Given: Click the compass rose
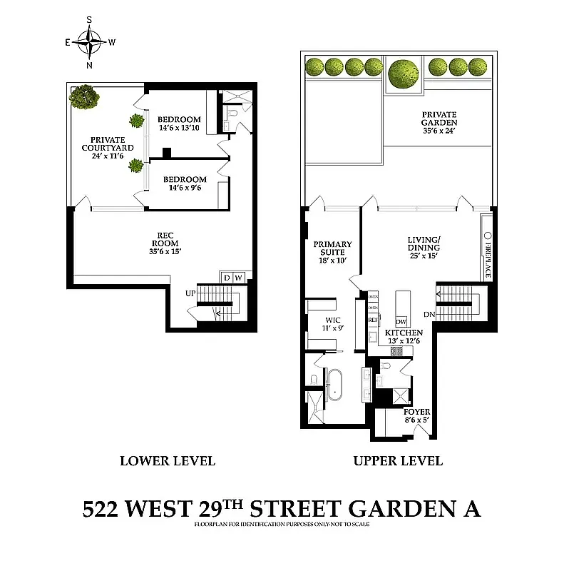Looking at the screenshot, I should click(90, 42).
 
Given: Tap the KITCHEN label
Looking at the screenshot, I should click(404, 337).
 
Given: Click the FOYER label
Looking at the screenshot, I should click(417, 416).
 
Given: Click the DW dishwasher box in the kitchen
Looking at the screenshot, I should click(401, 321).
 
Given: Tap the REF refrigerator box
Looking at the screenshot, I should click(372, 320).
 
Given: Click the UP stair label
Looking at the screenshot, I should click(190, 293).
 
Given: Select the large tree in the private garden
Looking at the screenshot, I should click(404, 73).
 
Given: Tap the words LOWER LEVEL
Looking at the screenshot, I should click(167, 460).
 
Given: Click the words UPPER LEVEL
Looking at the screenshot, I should click(398, 460).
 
